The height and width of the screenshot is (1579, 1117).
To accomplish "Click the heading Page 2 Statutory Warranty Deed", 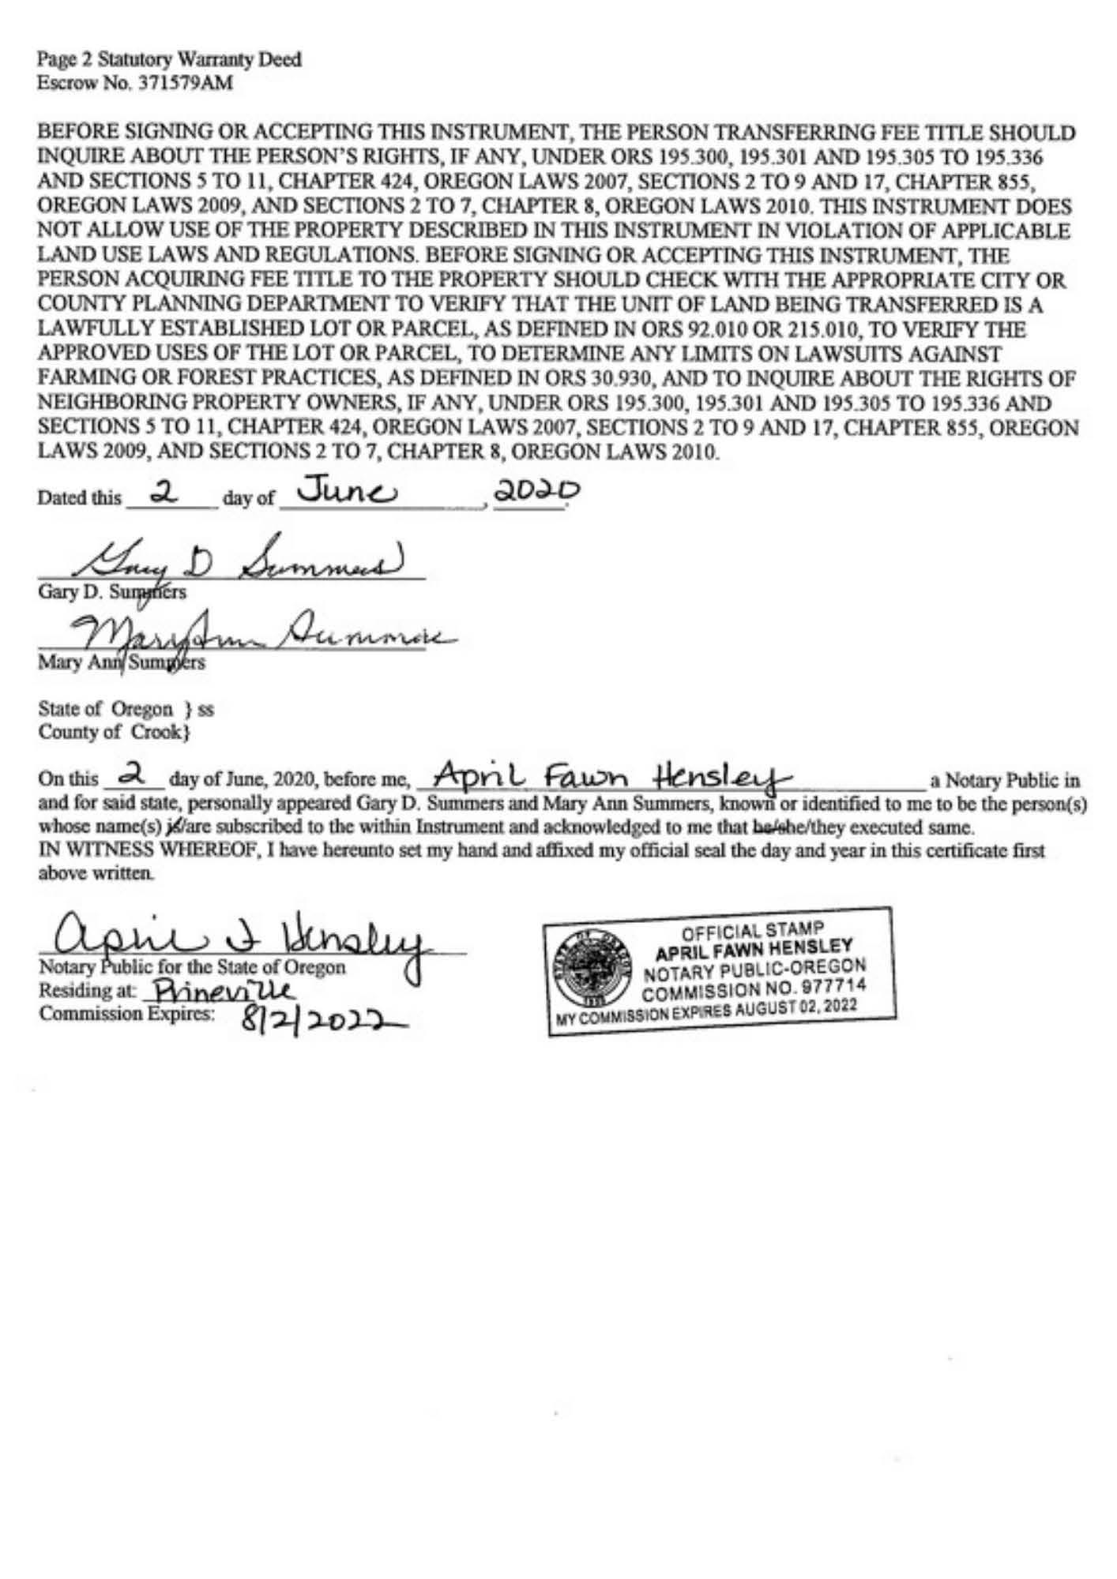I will (x=170, y=60).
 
